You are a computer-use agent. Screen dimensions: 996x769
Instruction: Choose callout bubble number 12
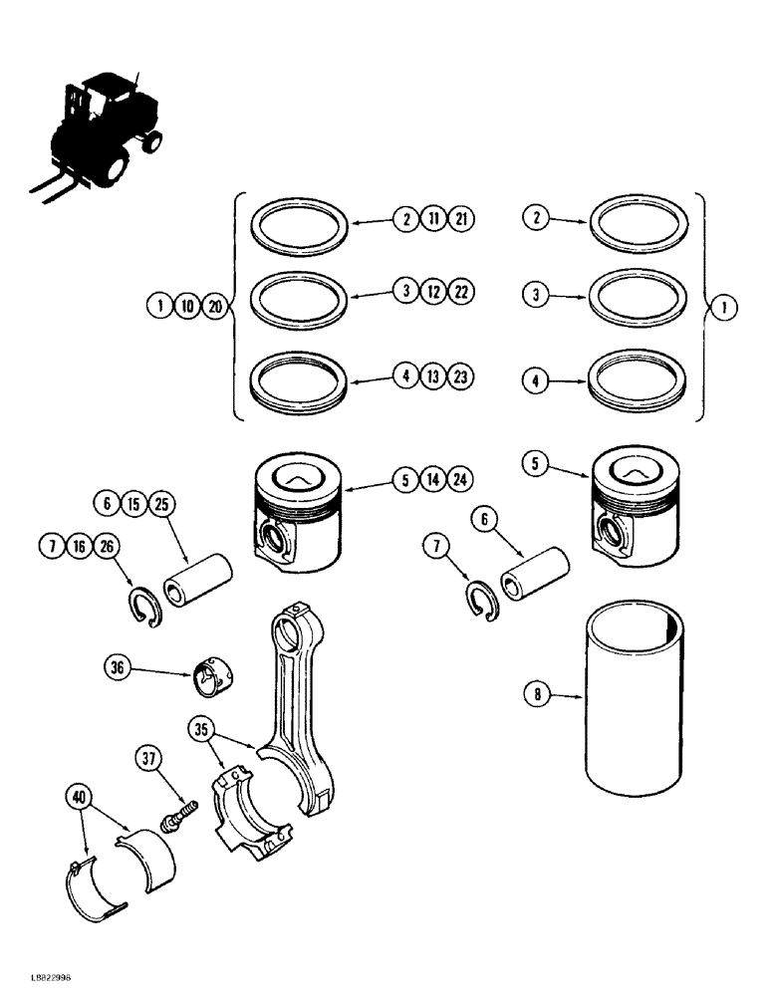pyautogui.click(x=433, y=292)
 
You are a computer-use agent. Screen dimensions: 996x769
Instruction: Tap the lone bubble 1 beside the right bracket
pyautogui.click(x=723, y=308)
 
